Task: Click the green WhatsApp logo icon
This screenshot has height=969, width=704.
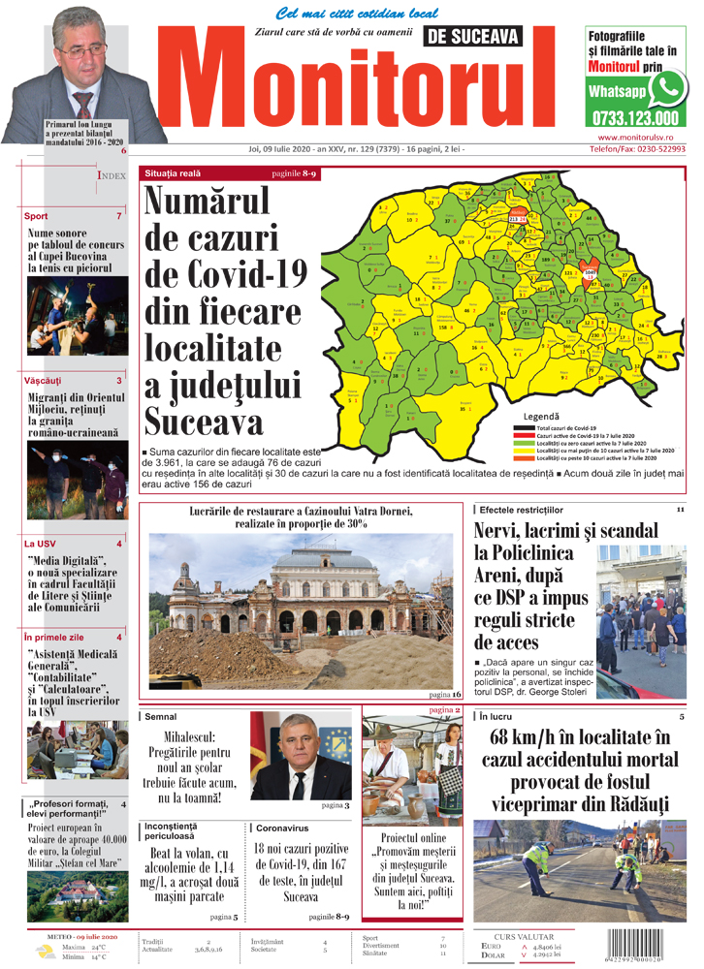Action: pos(667,89)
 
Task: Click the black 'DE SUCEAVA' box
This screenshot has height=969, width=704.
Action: pos(471,37)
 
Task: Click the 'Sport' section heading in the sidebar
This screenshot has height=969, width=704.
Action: pos(36,216)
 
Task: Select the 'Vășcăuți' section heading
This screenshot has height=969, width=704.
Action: pos(43,381)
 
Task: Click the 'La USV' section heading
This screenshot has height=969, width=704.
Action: pos(41,544)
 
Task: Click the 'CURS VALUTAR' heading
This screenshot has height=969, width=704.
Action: pos(524,937)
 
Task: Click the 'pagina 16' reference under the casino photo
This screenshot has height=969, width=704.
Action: pos(444,695)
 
